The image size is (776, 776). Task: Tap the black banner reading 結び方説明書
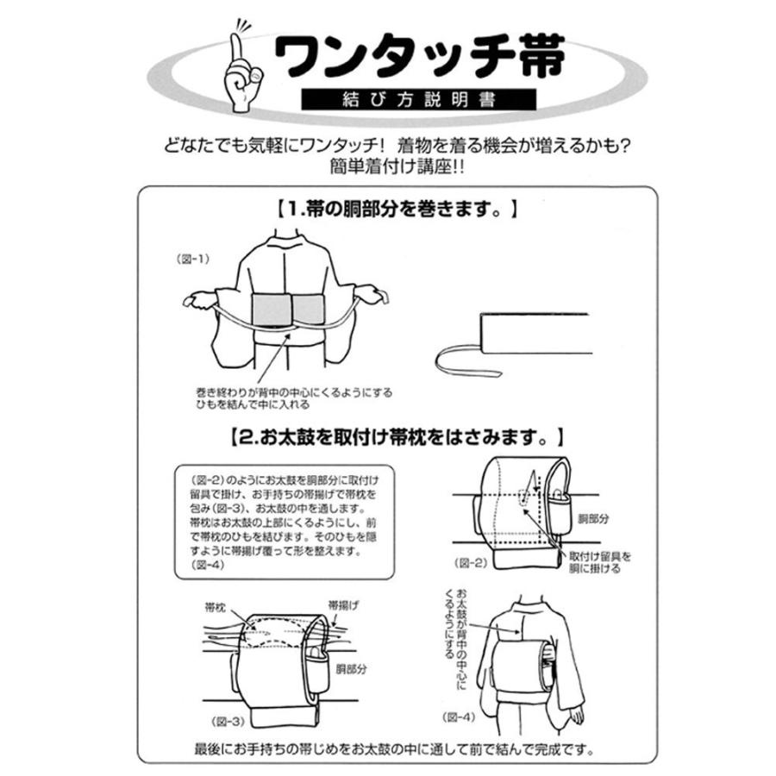pyautogui.click(x=419, y=99)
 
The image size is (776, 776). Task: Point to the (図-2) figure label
pyautogui.click(x=467, y=561)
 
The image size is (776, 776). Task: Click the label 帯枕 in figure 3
pyautogui.click(x=216, y=607)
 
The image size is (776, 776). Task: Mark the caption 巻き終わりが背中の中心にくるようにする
pyautogui.click(x=294, y=397)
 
